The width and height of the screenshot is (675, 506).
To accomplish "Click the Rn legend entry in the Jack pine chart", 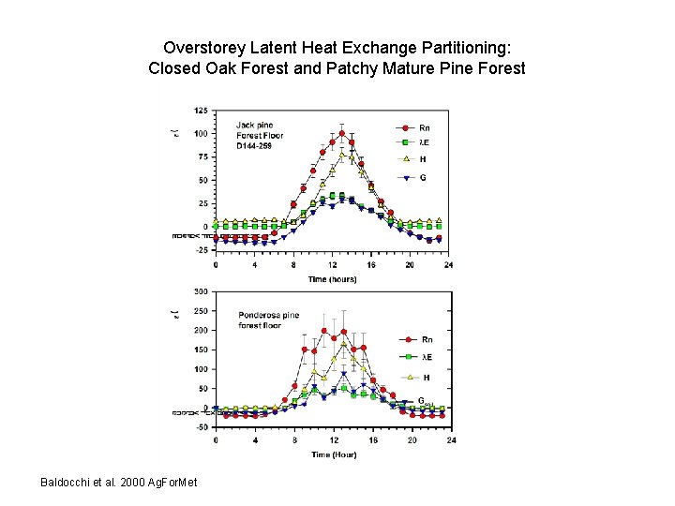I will coord(413,127).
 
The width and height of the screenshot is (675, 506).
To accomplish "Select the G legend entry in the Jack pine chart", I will coord(413,177).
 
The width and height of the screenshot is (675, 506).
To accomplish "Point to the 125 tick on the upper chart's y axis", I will coord(201,111).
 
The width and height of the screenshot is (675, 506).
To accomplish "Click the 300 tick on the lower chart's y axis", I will coord(201,291).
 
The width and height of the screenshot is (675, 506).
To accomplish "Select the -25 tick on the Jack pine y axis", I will coord(201,250).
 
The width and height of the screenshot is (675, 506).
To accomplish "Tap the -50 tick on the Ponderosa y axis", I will coord(201,427).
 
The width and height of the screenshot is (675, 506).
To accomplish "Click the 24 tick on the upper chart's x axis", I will coord(448,264).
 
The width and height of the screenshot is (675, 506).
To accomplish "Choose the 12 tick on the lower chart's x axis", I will coord(333,440).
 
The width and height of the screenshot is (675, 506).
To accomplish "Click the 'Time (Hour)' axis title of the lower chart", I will coord(333,454).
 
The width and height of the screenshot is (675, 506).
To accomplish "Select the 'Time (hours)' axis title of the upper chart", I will coord(333,278).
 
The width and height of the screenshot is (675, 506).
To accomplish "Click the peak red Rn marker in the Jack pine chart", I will coord(342,133).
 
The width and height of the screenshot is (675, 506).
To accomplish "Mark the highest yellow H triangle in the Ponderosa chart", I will coord(343,346).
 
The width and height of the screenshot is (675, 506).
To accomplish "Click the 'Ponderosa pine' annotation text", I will coord(269,315).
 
